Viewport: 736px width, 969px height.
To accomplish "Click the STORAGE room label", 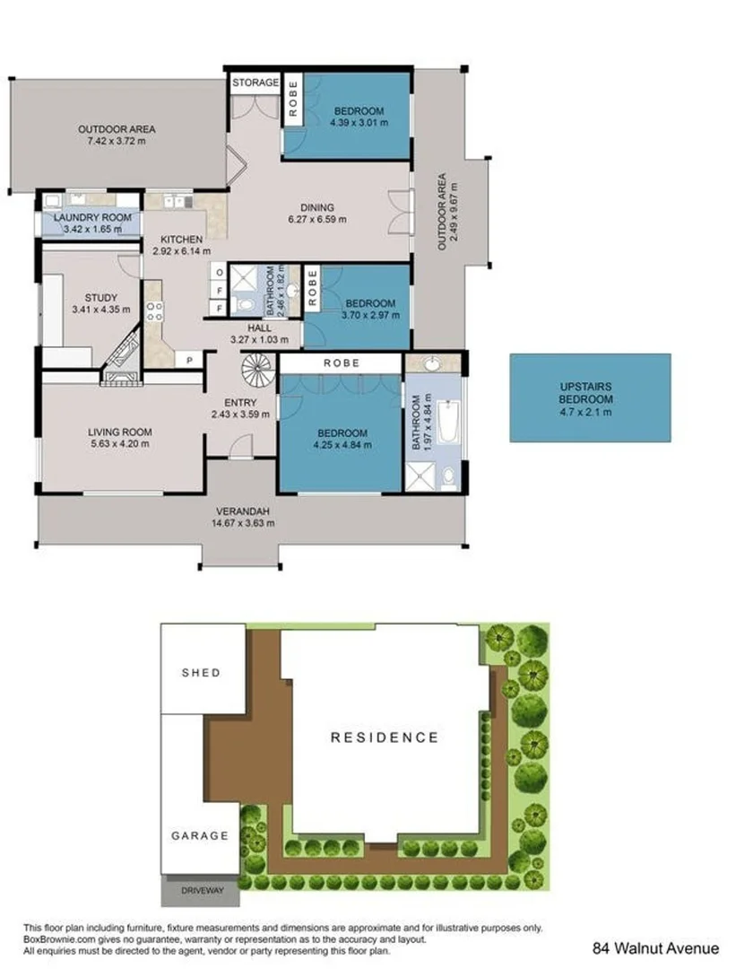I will (255, 83).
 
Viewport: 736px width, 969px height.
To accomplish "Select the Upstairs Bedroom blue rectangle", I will (590, 397).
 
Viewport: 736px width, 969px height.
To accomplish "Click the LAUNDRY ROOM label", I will (92, 218).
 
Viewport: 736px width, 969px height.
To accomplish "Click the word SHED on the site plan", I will (201, 672).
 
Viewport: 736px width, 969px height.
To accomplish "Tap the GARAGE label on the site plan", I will (200, 835).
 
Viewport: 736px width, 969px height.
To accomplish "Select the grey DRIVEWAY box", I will (200, 891).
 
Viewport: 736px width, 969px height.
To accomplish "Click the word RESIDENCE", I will (385, 738).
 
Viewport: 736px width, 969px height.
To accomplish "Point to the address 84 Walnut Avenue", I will (655, 947).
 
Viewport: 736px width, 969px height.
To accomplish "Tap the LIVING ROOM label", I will (119, 432).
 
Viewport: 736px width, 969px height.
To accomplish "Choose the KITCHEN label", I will (181, 240).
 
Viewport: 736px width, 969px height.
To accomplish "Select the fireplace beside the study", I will (118, 360).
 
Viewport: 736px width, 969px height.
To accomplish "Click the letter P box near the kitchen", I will (189, 360).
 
